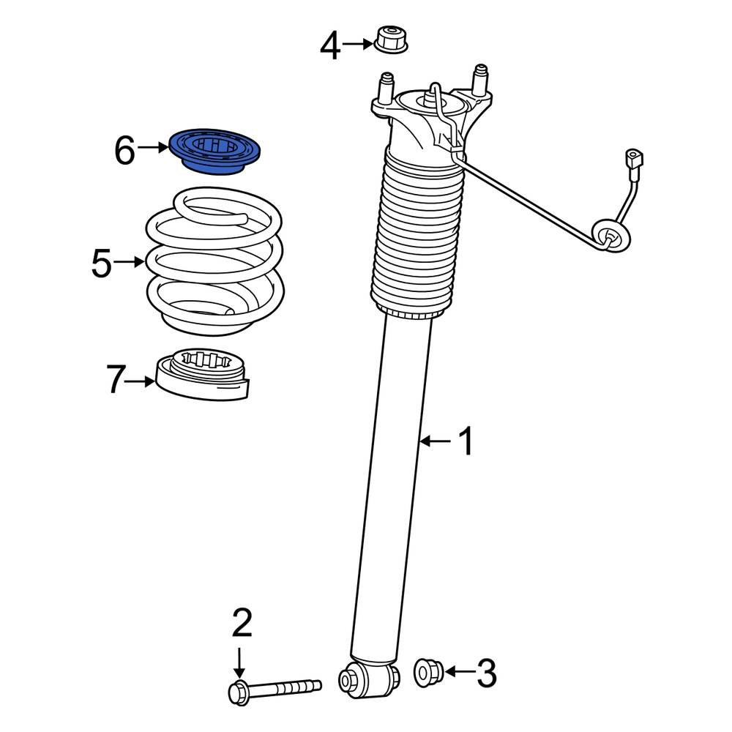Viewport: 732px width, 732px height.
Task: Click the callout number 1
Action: click(466, 441)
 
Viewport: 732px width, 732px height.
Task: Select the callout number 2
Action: click(242, 623)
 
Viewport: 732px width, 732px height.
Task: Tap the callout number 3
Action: click(486, 673)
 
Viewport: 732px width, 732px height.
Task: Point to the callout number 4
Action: click(330, 46)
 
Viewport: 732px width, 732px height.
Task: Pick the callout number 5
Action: click(102, 263)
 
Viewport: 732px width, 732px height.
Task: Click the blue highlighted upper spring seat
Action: click(217, 152)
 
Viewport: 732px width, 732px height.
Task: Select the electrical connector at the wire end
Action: click(634, 159)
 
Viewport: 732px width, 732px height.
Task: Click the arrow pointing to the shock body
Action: click(436, 441)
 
